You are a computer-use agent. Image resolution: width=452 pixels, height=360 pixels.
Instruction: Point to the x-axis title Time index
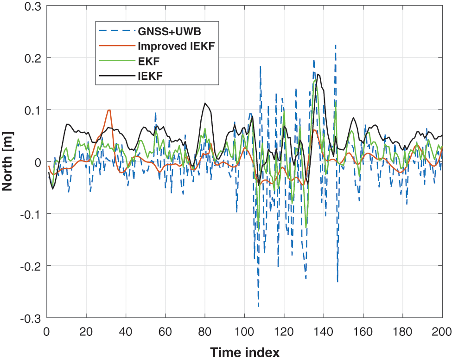pyautogui.click(x=244, y=352)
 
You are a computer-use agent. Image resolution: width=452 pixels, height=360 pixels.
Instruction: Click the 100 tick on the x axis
pyautogui.click(x=244, y=332)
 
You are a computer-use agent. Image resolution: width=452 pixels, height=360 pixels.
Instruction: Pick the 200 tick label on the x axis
pyautogui.click(x=441, y=332)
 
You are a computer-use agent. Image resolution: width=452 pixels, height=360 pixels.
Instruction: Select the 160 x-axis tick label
pyautogui.click(x=363, y=332)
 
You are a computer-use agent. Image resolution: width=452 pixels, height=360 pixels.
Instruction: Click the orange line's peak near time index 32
pyautogui.click(x=109, y=110)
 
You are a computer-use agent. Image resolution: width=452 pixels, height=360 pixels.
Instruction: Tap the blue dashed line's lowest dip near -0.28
pyautogui.click(x=258, y=307)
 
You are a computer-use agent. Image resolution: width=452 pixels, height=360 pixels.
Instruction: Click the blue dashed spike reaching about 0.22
pyautogui.click(x=335, y=45)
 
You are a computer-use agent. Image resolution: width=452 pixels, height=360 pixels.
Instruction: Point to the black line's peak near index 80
pyautogui.click(x=204, y=103)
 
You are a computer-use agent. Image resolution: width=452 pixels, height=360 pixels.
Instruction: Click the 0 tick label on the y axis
pyautogui.click(x=38, y=162)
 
